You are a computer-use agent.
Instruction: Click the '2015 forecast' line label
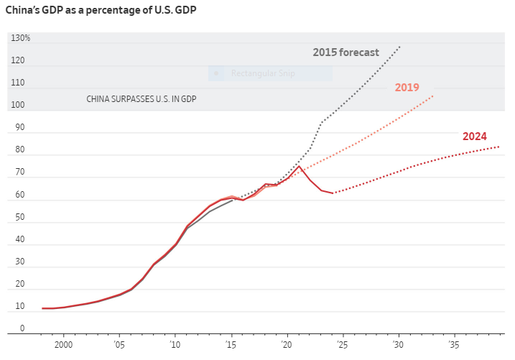pyautogui.click(x=356, y=52)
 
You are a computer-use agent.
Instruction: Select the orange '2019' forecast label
pyautogui.click(x=407, y=88)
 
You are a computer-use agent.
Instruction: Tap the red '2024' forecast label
pyautogui.click(x=474, y=137)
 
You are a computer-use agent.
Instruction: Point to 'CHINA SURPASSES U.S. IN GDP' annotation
pyautogui.click(x=141, y=99)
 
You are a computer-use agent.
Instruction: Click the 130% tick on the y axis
pyautogui.click(x=20, y=38)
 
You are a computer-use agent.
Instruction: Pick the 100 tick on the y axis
pyautogui.click(x=17, y=106)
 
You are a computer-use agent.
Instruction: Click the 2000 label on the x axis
pyautogui.click(x=64, y=345)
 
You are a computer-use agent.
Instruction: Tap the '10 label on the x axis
pyautogui.click(x=175, y=345)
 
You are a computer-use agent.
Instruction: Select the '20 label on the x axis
pyautogui.click(x=287, y=345)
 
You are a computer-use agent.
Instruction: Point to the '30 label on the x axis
pyautogui.click(x=398, y=345)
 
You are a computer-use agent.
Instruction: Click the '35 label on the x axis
pyautogui.click(x=454, y=345)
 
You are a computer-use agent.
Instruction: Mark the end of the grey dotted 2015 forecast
pyautogui.click(x=399, y=47)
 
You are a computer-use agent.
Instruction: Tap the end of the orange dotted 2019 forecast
pyautogui.click(x=433, y=96)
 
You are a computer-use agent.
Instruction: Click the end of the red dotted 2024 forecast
pyautogui.click(x=499, y=147)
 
